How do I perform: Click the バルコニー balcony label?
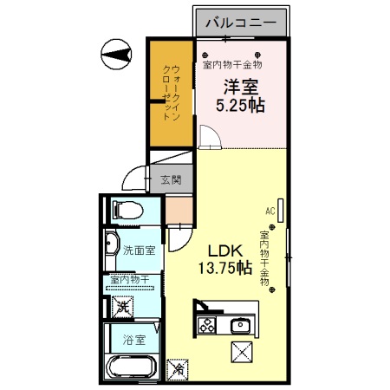pos(240,21)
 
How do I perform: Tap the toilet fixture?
pos(125,209)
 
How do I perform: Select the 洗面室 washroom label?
pos(139,251)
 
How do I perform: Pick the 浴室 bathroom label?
pos(133,341)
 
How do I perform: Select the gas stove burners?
pos(208,326)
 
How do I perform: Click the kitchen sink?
pos(240,326)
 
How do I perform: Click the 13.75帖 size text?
pos(224,268)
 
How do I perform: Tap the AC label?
pos(270,211)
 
